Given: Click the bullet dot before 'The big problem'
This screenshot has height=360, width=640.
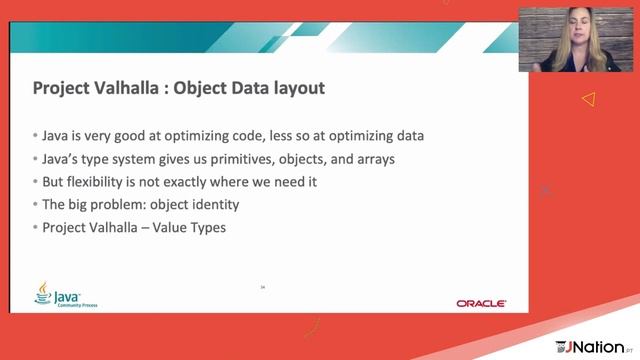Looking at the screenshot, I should (x=35, y=205).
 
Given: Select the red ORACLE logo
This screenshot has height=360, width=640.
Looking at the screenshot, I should (x=481, y=302).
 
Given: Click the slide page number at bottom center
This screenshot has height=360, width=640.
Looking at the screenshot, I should (x=262, y=287).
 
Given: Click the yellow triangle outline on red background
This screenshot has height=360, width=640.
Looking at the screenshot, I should (x=588, y=99).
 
